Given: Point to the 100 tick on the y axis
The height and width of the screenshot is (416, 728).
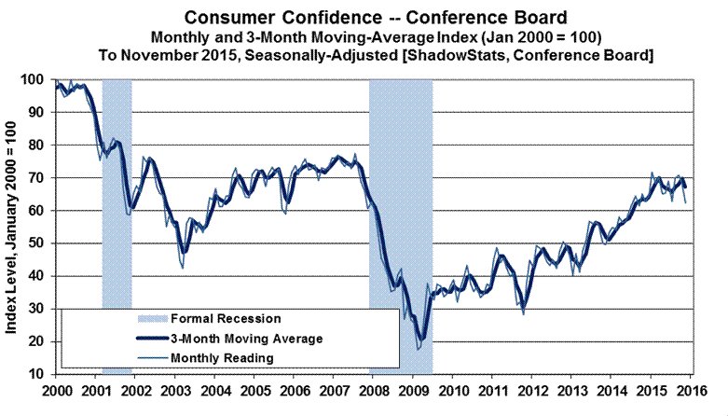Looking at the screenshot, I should click(x=35, y=80).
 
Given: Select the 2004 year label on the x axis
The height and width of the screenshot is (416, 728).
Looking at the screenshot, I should click(x=215, y=391).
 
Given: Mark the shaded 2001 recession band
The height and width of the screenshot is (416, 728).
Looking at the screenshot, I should click(x=117, y=224).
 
